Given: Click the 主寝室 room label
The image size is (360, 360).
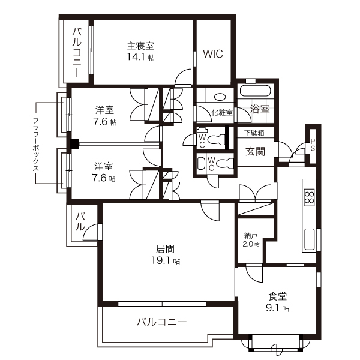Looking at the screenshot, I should [141, 45].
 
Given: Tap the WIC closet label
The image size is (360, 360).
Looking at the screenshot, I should [212, 53].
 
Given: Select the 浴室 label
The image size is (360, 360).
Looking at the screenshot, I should [260, 110].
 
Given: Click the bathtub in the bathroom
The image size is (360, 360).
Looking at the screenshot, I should [256, 91].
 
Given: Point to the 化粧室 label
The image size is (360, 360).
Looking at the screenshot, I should [221, 112].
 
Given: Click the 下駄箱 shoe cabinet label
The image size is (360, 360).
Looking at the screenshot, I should [254, 133].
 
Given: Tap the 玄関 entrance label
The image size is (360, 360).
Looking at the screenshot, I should [255, 152].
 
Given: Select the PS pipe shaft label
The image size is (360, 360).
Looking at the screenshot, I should [313, 145].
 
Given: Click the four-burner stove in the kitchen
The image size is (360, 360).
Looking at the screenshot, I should [310, 198].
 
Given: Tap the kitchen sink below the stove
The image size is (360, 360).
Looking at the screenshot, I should [310, 240].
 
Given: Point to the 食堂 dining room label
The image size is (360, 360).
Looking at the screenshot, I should [278, 296].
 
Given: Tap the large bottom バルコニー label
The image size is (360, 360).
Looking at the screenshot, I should [161, 322].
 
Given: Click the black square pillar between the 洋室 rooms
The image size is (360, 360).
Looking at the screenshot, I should [74, 144].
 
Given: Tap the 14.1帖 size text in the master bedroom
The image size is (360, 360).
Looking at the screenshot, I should [140, 58].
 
